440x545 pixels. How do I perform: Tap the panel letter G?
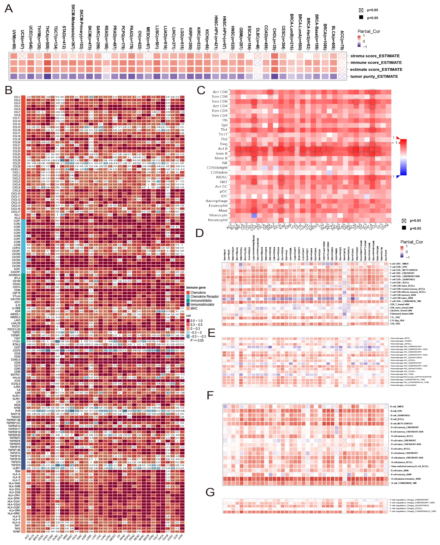click(210, 492)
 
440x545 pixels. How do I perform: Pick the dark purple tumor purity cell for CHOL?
click(275, 77)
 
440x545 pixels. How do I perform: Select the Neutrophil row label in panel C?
click(218, 220)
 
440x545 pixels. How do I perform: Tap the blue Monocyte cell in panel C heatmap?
click(254, 215)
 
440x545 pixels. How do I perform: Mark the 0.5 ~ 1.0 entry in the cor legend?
click(196, 321)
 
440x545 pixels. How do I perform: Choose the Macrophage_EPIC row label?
click(400, 338)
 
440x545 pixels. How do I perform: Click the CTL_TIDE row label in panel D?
click(395, 317)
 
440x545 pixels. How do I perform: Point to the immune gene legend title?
click(196, 287)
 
